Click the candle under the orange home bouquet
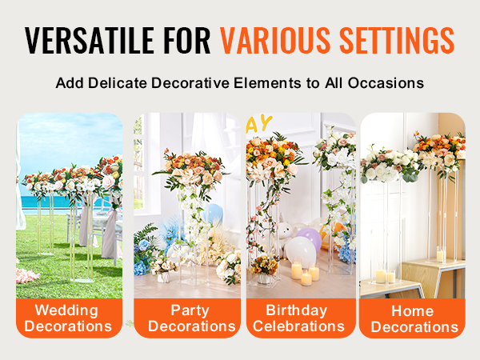click(441, 256)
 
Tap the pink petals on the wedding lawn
click(26, 274)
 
